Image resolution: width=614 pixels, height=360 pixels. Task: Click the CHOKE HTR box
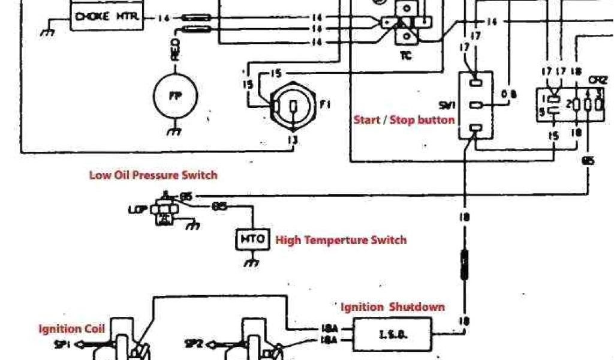tap(107, 17)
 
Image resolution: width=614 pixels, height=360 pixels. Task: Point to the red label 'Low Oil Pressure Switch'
tap(153, 175)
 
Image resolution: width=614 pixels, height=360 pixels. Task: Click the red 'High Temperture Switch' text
tap(341, 240)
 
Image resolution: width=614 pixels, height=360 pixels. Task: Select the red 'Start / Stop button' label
tap(404, 119)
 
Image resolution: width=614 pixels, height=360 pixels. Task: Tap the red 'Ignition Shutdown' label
tap(393, 307)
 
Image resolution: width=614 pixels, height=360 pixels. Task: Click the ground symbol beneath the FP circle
tap(173, 131)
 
